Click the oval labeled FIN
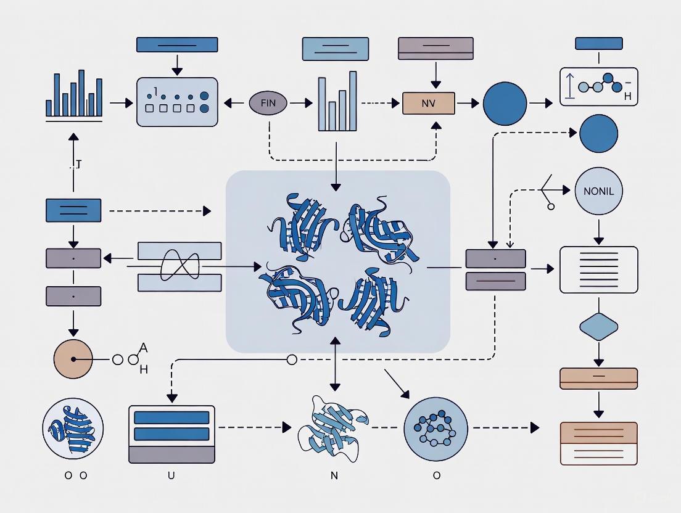pos(268,103)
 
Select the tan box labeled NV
pos(428,103)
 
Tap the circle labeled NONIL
pos(598,191)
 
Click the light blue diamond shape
pos(598,327)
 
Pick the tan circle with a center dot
pos(73,359)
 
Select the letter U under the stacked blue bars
pos(171,475)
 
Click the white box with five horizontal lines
pos(598,269)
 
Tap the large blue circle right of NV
pos(505,104)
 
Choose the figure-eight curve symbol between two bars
pos(180,266)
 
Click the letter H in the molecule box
pos(627,97)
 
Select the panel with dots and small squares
pos(176,102)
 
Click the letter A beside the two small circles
pos(144,348)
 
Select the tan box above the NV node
pos(435,49)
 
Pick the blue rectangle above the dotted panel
pos(176,44)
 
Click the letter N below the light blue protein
pos(334,475)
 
